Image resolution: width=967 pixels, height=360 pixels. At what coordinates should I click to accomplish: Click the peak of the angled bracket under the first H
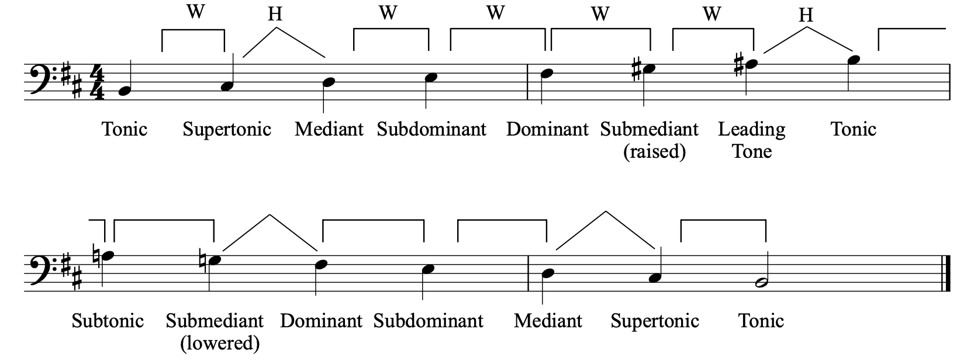(277, 27)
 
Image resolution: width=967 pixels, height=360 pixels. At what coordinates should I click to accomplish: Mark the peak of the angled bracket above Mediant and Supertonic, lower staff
(606, 212)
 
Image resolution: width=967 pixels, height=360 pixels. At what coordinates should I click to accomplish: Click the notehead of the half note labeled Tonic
(761, 283)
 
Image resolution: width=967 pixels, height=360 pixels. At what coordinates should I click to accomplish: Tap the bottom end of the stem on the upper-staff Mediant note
(324, 113)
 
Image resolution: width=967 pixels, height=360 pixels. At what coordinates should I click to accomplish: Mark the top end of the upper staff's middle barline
(528, 64)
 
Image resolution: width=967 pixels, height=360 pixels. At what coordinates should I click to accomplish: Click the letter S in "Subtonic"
(77, 321)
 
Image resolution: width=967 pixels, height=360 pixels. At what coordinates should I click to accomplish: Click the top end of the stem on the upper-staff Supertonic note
(233, 54)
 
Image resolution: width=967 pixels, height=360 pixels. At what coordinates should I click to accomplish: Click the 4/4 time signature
(98, 82)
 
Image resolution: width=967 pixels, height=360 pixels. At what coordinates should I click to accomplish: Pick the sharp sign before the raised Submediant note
(636, 69)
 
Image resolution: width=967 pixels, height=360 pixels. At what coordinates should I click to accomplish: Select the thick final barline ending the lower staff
(948, 274)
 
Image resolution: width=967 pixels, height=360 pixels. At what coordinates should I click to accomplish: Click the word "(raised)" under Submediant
(654, 152)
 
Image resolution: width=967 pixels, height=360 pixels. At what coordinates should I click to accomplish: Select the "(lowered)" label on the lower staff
(220, 344)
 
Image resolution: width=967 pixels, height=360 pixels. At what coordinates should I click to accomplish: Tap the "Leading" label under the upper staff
(752, 130)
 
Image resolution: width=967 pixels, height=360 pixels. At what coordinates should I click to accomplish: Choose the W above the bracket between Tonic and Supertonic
(195, 11)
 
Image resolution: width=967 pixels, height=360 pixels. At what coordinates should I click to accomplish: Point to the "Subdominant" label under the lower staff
(428, 321)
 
